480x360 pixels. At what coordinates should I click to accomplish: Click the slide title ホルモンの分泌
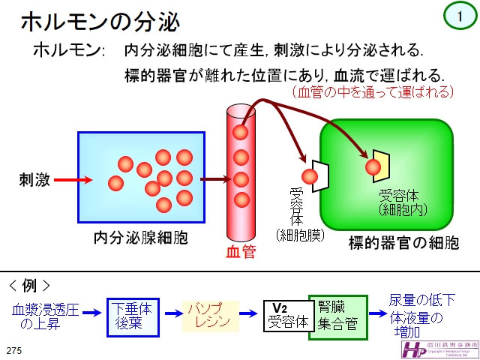[x=99, y=22]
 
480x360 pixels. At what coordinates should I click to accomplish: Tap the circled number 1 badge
[x=459, y=15]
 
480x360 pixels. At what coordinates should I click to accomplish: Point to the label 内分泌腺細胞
[x=140, y=238]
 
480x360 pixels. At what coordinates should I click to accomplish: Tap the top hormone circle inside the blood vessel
[x=240, y=133]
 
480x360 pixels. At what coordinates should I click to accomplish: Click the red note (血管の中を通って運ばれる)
[x=373, y=92]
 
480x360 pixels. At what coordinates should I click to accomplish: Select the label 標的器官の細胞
[x=403, y=243]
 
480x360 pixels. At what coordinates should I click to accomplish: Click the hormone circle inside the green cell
[x=372, y=166]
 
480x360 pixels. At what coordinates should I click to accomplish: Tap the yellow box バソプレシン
[x=211, y=315]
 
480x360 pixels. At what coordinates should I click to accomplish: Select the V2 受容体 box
[x=288, y=316]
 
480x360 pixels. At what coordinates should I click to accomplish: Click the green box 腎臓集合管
[x=337, y=316]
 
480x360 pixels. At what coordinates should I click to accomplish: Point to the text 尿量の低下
[x=422, y=301]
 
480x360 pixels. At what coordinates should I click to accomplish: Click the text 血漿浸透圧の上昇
[x=44, y=316]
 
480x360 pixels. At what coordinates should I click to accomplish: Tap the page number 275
[x=14, y=350]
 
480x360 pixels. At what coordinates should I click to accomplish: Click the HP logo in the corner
[x=415, y=349]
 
